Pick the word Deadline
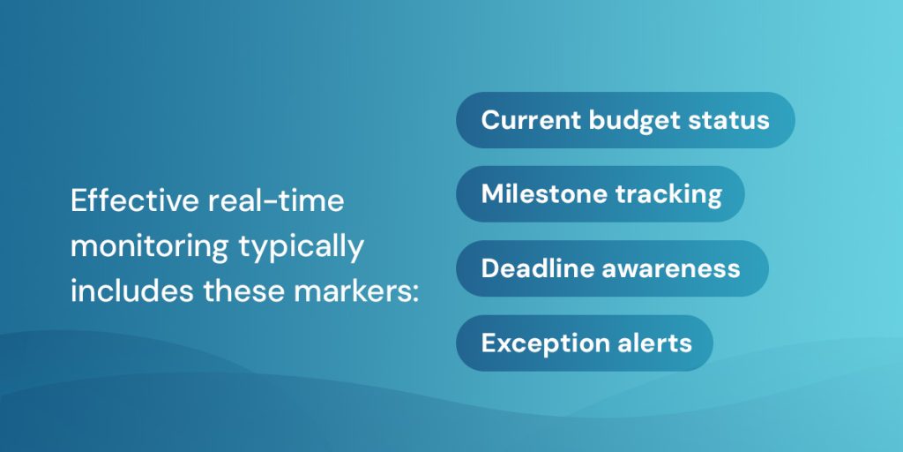click(534, 268)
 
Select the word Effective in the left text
click(135, 201)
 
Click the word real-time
click(276, 201)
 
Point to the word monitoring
click(148, 246)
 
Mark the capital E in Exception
click(489, 343)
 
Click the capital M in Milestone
click(491, 194)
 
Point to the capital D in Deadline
click(490, 268)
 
